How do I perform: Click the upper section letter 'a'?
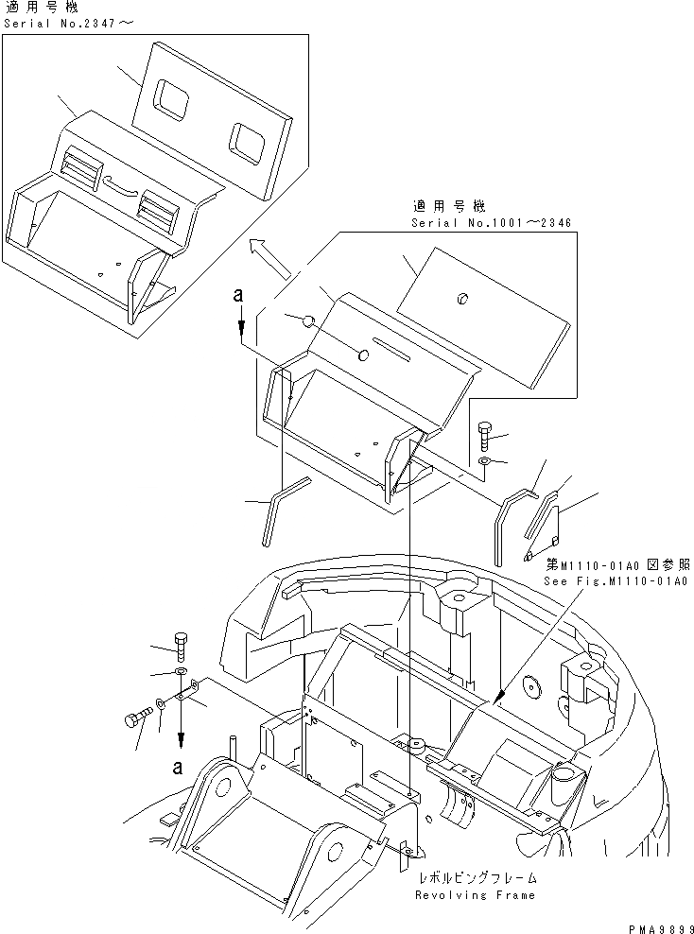point(241,297)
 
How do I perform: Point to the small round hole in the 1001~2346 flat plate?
point(461,299)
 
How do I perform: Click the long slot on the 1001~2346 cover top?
point(392,347)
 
